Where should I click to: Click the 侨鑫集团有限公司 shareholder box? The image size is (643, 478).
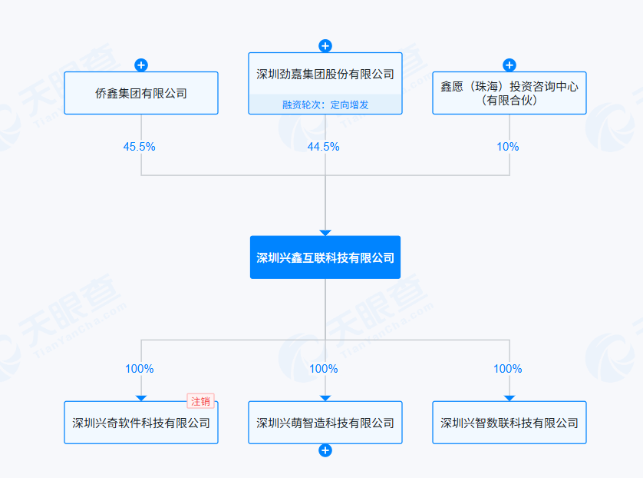(141, 93)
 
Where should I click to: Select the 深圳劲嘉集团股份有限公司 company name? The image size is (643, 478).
(325, 75)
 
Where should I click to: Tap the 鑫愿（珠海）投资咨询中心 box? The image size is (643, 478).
(509, 93)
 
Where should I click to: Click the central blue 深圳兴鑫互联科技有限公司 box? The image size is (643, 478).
(325, 257)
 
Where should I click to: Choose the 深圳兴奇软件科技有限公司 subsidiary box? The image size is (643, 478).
(141, 423)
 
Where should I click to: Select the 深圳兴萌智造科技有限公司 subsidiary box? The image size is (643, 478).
(325, 423)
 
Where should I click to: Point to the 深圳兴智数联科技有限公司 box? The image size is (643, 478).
(509, 423)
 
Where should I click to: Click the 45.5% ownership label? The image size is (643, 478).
(140, 147)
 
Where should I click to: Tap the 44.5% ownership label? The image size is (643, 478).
(324, 147)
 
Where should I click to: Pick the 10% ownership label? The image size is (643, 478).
(508, 147)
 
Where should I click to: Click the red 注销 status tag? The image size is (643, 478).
(200, 401)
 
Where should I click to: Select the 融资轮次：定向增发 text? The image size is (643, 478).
(325, 105)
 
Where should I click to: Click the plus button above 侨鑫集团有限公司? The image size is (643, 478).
(141, 65)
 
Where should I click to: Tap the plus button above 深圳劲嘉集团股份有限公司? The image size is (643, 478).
(325, 45)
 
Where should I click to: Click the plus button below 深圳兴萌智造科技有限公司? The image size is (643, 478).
(325, 450)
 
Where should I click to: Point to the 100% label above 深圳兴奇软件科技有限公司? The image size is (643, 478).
(140, 369)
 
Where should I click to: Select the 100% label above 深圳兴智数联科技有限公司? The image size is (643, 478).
(508, 369)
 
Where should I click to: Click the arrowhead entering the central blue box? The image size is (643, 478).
(325, 233)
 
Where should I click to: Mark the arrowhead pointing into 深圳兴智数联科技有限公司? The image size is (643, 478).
(509, 398)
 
